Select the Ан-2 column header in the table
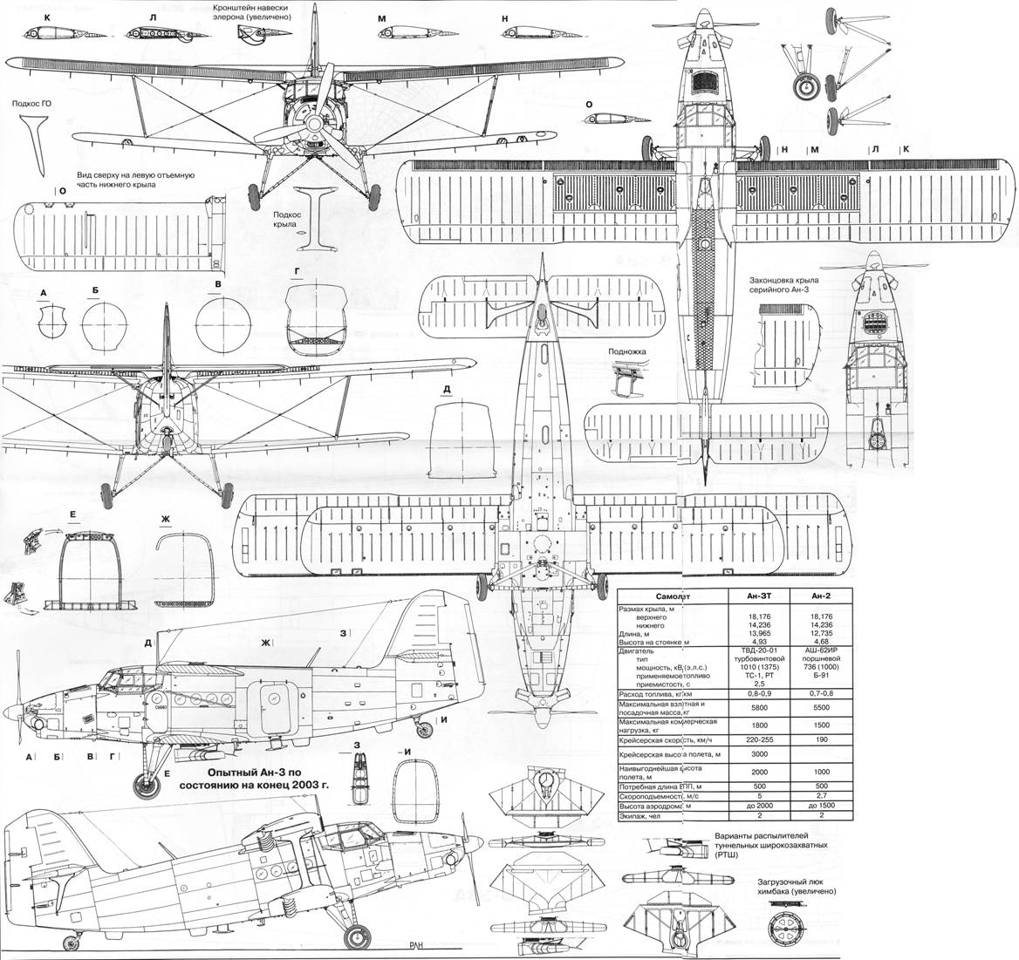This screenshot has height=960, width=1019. [x=821, y=596]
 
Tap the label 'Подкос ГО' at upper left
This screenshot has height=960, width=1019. [x=33, y=103]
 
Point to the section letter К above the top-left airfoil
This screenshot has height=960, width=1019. [x=34, y=17]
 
